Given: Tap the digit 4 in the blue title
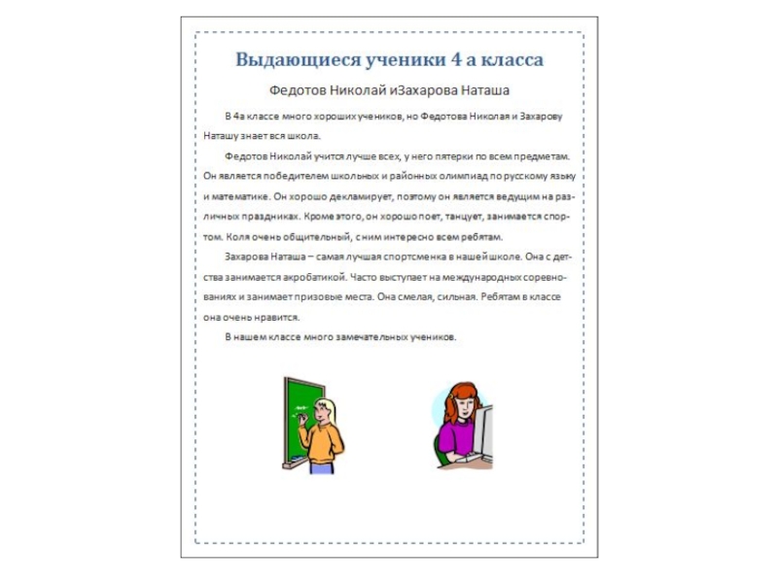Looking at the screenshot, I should [457, 60].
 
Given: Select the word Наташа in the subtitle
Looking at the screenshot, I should [478, 90].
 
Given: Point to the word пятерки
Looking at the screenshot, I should [434, 154].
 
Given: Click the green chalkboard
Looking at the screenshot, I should [301, 413].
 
